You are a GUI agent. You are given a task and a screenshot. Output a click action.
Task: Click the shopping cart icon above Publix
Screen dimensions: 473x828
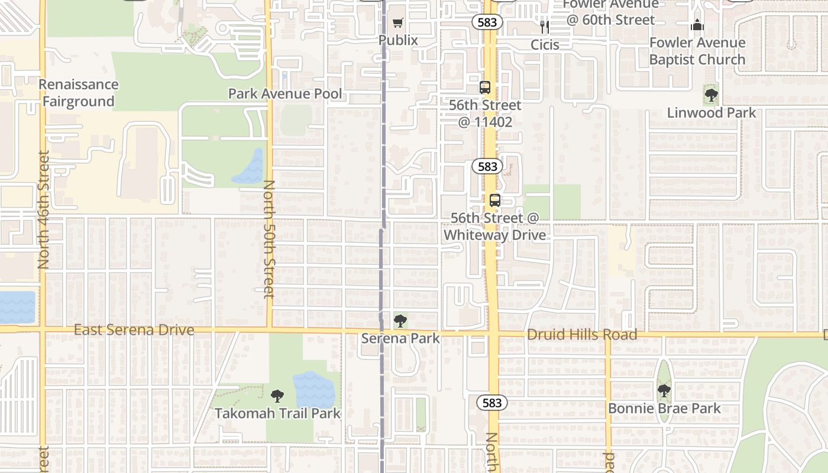398,23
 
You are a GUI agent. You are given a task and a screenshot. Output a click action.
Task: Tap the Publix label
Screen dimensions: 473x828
398,40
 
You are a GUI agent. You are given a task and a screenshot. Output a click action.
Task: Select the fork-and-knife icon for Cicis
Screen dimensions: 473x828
545,27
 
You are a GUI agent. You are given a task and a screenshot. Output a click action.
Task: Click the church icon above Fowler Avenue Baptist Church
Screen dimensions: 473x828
697,25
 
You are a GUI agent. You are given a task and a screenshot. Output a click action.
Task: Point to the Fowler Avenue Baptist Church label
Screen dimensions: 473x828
697,51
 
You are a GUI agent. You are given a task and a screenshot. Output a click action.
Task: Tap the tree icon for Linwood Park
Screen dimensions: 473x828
711,94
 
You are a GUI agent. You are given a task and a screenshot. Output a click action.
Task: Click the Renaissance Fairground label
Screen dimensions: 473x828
79,93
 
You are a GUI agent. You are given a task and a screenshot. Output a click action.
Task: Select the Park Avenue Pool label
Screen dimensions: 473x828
285,93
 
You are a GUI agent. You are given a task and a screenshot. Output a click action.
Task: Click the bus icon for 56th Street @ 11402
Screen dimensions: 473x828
485,88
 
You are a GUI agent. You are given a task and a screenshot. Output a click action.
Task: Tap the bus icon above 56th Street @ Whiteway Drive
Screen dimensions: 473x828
494,200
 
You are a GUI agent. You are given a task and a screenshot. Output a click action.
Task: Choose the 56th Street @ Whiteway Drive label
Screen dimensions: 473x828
494,226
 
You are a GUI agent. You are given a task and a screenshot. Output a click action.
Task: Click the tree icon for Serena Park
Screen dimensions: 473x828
400,321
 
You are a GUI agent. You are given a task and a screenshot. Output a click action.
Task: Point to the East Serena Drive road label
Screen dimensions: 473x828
134,330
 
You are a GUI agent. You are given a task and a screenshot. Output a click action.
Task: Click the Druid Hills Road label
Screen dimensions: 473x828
582,335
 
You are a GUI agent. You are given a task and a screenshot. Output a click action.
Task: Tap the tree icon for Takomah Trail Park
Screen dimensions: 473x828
277,396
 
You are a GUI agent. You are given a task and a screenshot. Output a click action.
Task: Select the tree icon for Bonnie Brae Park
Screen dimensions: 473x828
664,390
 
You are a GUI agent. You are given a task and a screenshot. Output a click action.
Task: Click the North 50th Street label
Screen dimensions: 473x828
269,239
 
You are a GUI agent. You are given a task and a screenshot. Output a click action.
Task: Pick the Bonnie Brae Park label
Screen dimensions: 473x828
664,408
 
